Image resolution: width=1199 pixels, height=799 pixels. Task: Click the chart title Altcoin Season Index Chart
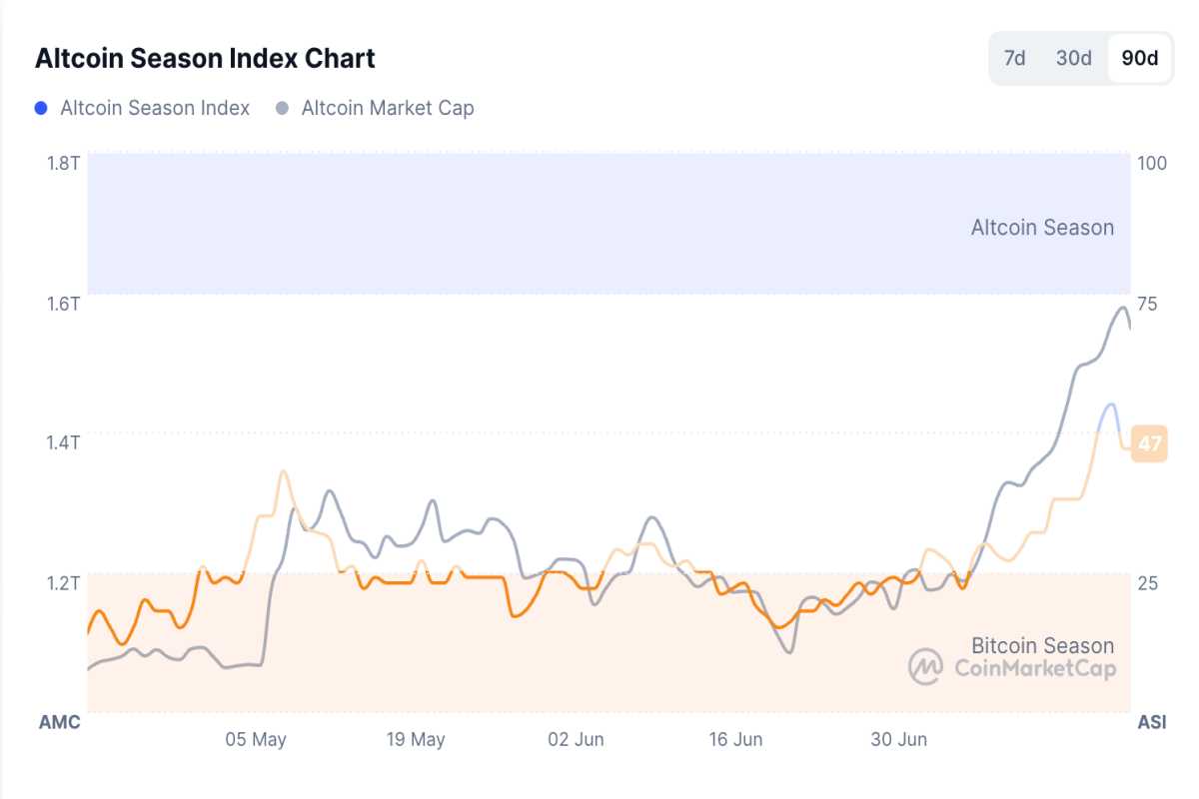205,58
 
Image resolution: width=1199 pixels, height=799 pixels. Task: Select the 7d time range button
1014,58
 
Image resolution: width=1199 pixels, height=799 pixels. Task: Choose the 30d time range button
1074,58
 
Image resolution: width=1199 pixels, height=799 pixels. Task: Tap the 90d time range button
1140,58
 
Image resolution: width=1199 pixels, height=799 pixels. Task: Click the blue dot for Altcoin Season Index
41,108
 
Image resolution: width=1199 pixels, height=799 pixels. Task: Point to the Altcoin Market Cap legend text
388,108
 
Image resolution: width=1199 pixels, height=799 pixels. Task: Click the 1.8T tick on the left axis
63,162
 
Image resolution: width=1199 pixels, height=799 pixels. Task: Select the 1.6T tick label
63,303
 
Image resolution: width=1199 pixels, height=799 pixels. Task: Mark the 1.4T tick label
63,441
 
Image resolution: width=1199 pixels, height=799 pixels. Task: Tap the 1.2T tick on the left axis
63,581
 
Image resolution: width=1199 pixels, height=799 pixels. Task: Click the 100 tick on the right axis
1152,162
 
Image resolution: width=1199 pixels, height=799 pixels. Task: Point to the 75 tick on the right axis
1147,303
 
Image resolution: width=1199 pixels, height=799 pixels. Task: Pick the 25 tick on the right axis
1147,581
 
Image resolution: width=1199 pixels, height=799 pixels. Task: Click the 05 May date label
256,740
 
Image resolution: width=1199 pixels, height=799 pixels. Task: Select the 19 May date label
415,740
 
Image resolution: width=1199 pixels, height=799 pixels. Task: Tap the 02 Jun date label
576,740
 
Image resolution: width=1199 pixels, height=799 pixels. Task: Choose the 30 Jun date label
898,740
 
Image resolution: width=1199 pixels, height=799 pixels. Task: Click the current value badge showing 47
1150,442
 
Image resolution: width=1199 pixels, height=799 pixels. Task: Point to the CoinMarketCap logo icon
926,666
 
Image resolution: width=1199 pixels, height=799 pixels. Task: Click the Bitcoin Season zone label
1042,645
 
